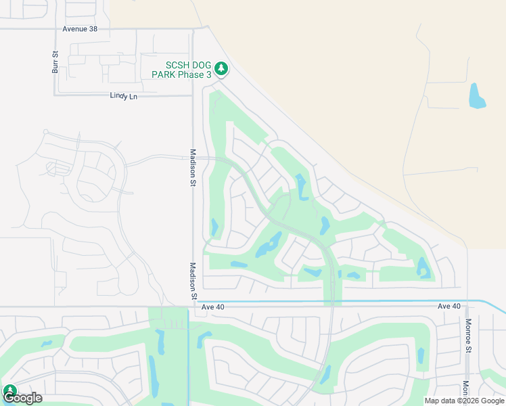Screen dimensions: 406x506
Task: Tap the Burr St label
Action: pyautogui.click(x=55, y=62)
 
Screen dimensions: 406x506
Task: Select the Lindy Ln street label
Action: pyautogui.click(x=123, y=96)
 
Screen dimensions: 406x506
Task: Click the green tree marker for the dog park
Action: pyautogui.click(x=221, y=68)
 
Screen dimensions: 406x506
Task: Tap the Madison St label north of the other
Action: pyautogui.click(x=193, y=167)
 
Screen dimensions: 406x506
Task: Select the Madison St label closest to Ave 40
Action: pyautogui.click(x=193, y=281)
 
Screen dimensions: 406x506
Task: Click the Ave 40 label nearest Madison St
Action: pyautogui.click(x=212, y=307)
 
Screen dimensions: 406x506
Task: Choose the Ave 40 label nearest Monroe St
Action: pyautogui.click(x=448, y=307)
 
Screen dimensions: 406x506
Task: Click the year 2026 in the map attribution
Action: pyautogui.click(x=468, y=401)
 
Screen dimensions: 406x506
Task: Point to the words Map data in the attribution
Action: pyautogui.click(x=440, y=401)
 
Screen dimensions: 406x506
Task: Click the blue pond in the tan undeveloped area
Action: pyautogui.click(x=477, y=97)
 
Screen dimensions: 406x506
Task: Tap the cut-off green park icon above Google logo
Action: pyautogui.click(x=9, y=390)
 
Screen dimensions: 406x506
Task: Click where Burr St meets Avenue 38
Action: pyautogui.click(x=55, y=29)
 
